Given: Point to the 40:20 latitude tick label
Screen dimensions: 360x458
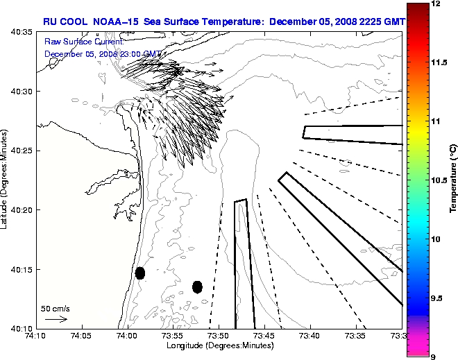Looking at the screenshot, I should click(x=18, y=209).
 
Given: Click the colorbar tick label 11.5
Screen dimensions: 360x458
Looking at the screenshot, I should click(x=439, y=62).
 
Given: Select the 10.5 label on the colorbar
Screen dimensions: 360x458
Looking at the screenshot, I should click(x=439, y=180).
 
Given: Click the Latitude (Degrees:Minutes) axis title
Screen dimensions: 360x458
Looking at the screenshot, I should click(x=5, y=180).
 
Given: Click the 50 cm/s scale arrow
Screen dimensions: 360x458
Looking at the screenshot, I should click(x=55, y=319).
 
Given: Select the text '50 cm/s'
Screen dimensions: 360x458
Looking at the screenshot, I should click(x=55, y=309).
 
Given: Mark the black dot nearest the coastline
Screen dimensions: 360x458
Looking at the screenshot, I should click(x=140, y=273).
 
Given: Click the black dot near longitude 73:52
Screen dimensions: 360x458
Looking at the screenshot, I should click(x=197, y=286).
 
